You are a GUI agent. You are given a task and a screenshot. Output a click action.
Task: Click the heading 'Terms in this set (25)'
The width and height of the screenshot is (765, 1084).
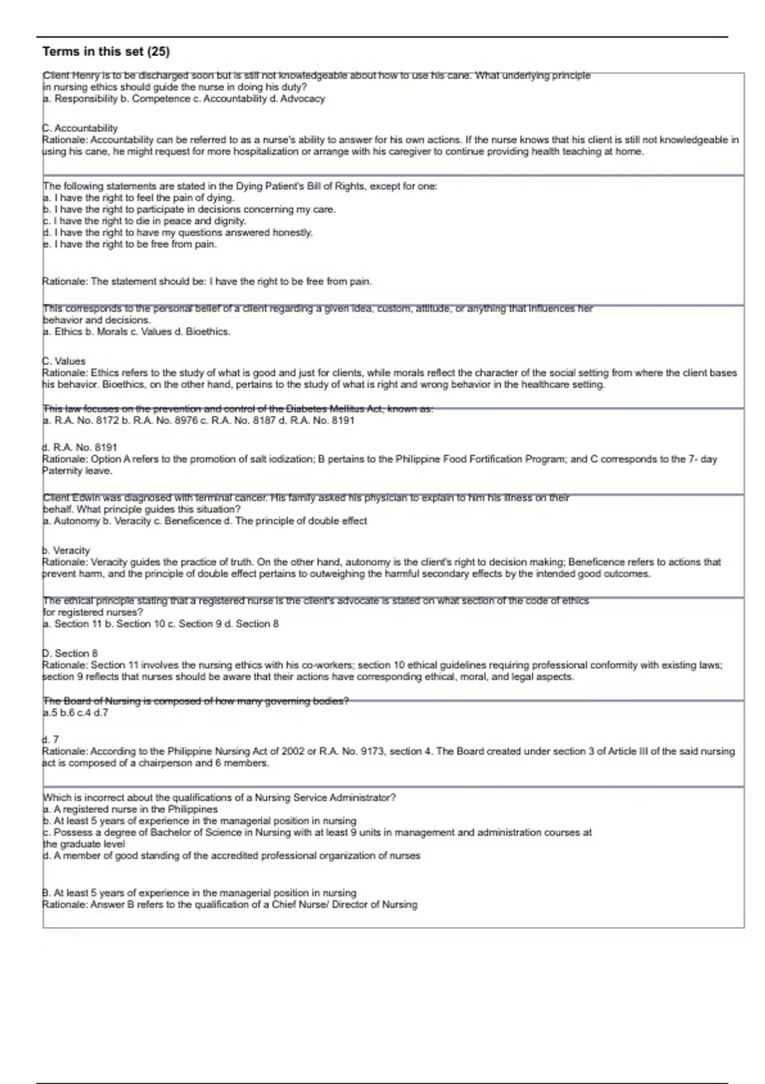[106, 52]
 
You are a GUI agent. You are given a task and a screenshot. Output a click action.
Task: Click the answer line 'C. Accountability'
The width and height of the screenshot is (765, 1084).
[80, 128]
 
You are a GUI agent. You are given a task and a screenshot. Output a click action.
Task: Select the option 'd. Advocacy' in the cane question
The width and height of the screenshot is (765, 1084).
[303, 99]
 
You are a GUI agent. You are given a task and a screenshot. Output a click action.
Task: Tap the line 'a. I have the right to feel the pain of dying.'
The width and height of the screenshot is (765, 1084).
[138, 198]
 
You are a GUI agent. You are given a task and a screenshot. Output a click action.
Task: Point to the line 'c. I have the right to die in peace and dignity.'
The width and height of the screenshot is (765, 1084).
[144, 221]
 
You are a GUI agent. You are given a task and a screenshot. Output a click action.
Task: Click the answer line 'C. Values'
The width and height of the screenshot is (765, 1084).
[64, 361]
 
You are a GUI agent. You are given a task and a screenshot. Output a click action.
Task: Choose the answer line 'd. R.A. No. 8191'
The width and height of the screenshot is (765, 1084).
[80, 448]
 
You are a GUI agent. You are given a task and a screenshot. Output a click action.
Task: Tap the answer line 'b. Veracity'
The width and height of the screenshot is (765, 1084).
[66, 550]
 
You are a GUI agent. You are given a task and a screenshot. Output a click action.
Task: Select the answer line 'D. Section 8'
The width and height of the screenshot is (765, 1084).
[70, 654]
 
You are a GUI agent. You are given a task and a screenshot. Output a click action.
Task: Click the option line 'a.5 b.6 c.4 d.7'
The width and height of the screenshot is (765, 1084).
[75, 713]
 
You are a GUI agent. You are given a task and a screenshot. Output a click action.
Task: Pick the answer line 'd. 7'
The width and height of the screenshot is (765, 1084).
[50, 740]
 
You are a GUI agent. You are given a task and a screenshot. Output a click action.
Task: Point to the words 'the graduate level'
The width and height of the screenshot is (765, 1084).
[84, 844]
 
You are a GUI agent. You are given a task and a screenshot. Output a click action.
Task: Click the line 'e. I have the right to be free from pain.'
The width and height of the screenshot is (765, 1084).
[129, 244]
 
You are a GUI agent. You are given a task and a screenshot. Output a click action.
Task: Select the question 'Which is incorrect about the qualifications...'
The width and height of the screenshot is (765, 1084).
[219, 798]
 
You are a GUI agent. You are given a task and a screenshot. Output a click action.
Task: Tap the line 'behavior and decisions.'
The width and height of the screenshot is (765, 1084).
[97, 320]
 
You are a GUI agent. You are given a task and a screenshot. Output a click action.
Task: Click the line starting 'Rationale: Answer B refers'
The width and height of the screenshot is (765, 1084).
[229, 905]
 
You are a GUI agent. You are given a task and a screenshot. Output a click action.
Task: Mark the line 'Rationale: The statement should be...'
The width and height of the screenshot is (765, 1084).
[207, 281]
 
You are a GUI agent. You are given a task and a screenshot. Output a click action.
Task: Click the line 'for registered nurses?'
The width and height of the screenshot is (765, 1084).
[93, 612]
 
